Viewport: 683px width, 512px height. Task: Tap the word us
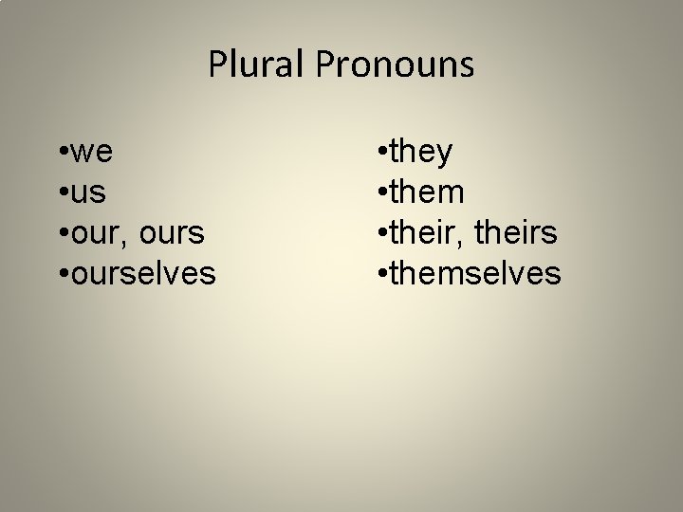click(x=88, y=192)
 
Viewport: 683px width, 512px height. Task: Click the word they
click(x=421, y=152)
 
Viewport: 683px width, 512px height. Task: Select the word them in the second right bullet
click(x=427, y=192)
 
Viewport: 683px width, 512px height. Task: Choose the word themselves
click(x=475, y=274)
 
